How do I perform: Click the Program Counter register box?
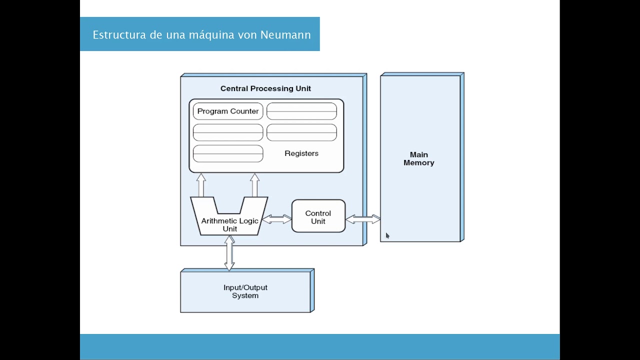[228, 111]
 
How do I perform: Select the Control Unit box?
[318, 216]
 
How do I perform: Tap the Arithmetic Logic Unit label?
[229, 224]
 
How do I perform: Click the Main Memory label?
[419, 158]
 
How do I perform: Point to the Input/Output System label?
[245, 291]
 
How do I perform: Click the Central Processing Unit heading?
[265, 88]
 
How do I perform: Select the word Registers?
[301, 153]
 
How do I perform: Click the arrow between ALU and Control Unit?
[276, 219]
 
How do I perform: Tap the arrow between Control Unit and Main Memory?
[362, 219]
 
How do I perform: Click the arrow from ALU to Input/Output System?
[229, 253]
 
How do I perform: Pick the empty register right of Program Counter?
[301, 111]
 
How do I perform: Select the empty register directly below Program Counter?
[228, 132]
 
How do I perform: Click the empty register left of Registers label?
[228, 153]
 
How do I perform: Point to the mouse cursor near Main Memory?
[387, 235]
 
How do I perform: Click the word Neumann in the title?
[285, 35]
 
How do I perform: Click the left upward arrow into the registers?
[201, 185]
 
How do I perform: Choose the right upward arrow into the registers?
[254, 185]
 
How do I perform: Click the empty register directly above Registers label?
[301, 132]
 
